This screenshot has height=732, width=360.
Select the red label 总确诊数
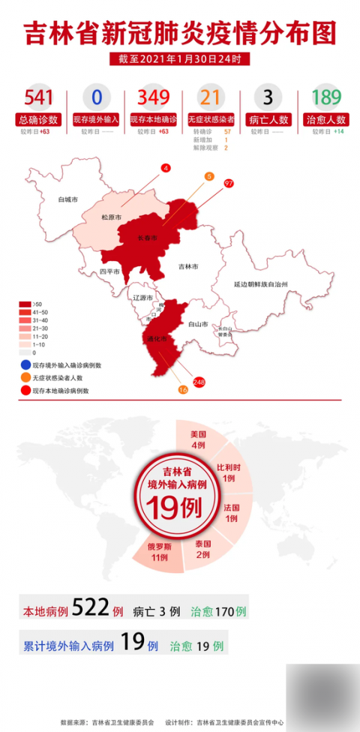click(x=37, y=119)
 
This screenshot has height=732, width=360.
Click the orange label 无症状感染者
click(x=211, y=119)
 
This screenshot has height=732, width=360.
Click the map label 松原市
click(x=111, y=217)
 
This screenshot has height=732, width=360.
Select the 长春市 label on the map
click(x=148, y=238)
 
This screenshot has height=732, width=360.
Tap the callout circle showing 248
click(x=199, y=382)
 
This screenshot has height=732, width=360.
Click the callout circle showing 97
click(x=229, y=183)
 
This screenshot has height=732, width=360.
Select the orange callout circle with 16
click(x=182, y=389)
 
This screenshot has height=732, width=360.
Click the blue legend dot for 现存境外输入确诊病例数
click(x=25, y=365)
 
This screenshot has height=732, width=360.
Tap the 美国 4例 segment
click(x=198, y=439)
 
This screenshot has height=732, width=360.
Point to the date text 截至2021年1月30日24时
click(x=179, y=58)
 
